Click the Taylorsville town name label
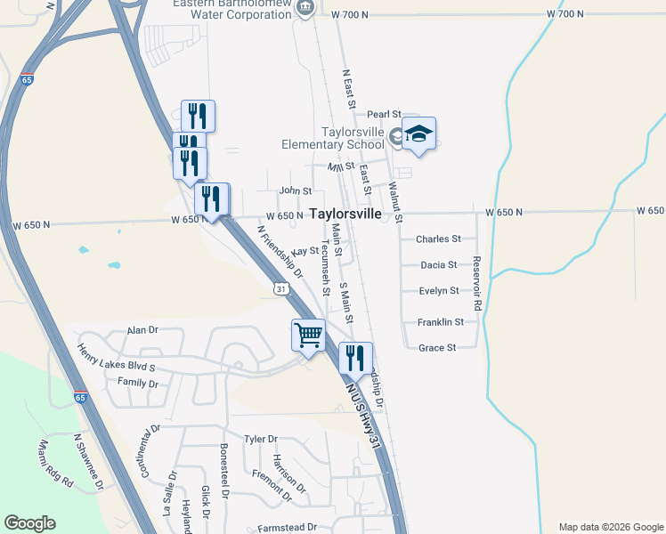345,214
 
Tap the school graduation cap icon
418,133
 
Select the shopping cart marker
308,336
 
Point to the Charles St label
438,239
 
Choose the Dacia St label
438,265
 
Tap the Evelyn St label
438,291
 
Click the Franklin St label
441,322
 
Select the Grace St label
437,348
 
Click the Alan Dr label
142,329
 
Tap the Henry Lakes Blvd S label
116,360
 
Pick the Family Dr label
137,384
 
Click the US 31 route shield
280,289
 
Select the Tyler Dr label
261,439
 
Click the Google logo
29,523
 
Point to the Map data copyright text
610,527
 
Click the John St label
296,190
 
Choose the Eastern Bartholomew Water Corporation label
234,8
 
